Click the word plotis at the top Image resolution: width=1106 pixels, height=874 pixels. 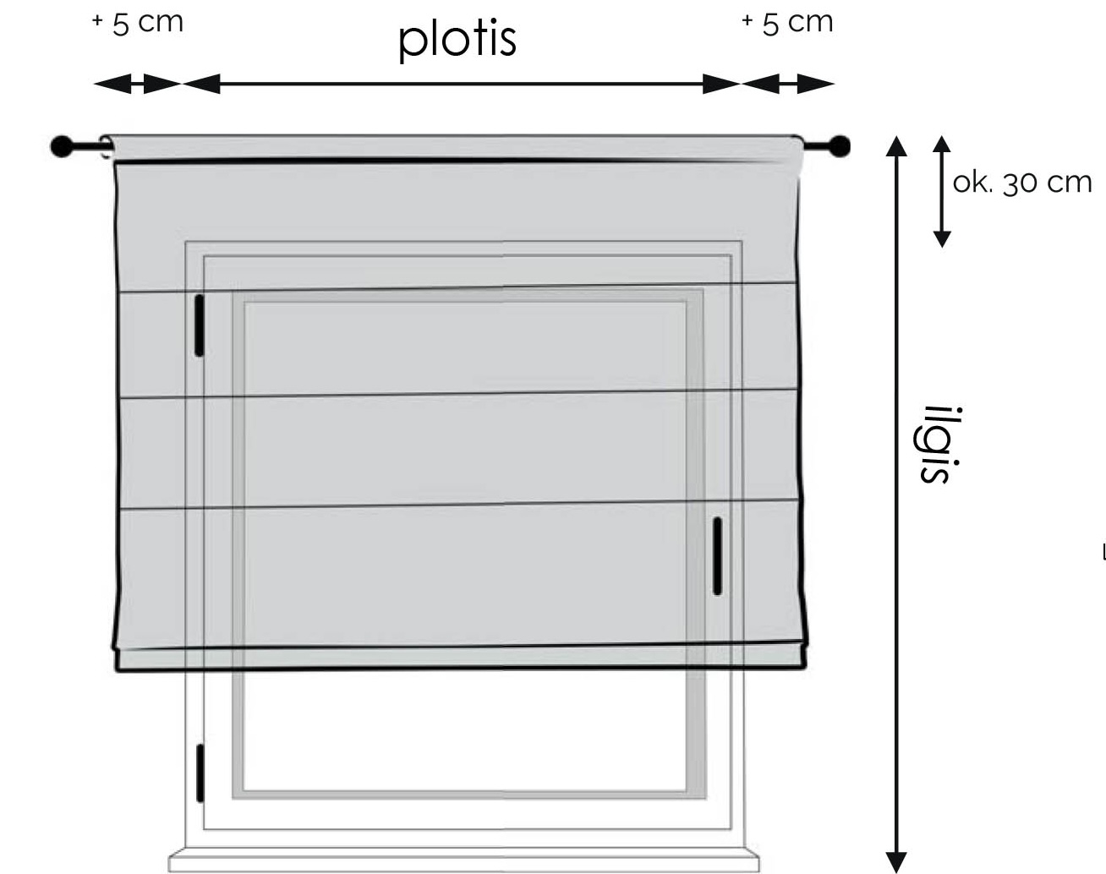pos(457,40)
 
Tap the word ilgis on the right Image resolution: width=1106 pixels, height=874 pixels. pos(936,445)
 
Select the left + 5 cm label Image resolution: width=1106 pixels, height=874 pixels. pos(137,24)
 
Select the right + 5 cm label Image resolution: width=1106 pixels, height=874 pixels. pos(787,24)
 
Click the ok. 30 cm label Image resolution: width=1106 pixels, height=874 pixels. pos(1022,183)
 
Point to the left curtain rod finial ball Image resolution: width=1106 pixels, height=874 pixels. pos(62,146)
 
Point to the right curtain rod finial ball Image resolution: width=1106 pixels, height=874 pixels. pos(839,146)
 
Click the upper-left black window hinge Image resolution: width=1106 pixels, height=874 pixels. pos(200,325)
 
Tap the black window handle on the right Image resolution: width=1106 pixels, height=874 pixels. pos(717,556)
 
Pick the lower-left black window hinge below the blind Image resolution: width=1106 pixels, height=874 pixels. pos(200,773)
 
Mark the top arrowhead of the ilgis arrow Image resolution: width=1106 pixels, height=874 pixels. pos(896,146)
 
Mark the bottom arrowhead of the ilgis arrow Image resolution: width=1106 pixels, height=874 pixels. pos(896,862)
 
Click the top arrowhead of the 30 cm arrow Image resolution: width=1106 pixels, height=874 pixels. pos(942,144)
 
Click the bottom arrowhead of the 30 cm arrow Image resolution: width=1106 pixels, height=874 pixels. pos(942,239)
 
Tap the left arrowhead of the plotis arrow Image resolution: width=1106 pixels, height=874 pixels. pos(201,84)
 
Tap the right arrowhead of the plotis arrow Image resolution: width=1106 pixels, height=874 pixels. pos(721,84)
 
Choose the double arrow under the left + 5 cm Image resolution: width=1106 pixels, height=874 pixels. pos(137,84)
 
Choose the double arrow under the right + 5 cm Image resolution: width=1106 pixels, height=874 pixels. pos(787,84)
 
